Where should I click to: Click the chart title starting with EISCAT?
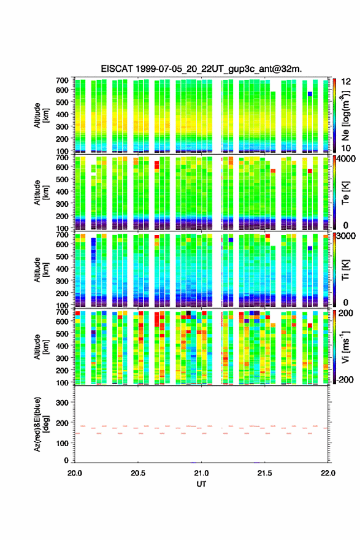click(201, 69)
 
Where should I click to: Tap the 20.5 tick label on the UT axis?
click(138, 473)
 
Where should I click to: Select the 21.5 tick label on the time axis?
click(264, 473)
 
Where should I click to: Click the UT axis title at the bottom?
click(201, 484)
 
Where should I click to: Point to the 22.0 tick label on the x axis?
click(327, 473)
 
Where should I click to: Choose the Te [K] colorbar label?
click(345, 193)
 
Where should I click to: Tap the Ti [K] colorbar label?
click(345, 270)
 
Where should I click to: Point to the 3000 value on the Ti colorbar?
click(346, 236)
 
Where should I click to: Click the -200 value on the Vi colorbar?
click(344, 379)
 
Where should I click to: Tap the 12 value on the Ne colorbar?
click(346, 82)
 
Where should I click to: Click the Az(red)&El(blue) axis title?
click(41, 424)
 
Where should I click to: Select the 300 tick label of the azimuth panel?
click(62, 403)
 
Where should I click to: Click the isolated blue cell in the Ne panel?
click(310, 94)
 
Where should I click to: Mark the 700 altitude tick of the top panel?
click(62, 80)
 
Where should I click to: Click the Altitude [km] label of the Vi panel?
click(41, 347)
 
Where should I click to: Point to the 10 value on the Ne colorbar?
click(346, 148)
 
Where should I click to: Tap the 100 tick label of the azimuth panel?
click(62, 443)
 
